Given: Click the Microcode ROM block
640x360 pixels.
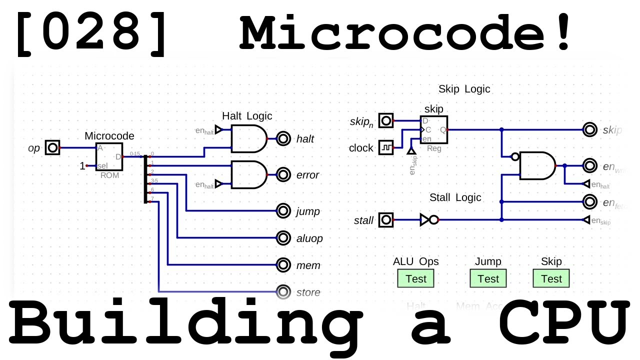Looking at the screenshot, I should click(x=109, y=156).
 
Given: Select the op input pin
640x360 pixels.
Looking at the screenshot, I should click(x=52, y=148).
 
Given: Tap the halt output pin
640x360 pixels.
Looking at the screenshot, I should click(x=283, y=138).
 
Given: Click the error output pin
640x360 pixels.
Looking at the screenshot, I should click(x=283, y=174).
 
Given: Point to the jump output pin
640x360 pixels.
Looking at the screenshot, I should click(x=283, y=211).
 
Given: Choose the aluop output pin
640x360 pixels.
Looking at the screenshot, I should click(x=283, y=238).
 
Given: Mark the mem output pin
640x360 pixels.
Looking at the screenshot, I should click(x=283, y=265).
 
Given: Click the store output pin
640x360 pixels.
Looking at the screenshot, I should click(x=283, y=291).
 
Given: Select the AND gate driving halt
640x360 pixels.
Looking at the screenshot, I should click(x=248, y=138).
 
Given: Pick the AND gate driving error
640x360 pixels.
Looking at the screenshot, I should click(x=248, y=174).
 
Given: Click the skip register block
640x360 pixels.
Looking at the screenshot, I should click(x=434, y=129).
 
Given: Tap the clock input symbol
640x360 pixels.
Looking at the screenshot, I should click(x=386, y=148).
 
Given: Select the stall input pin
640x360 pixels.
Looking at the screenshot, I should click(x=386, y=219).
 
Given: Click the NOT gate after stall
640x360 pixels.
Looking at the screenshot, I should click(x=429, y=219).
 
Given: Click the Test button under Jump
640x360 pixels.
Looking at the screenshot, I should click(x=488, y=278).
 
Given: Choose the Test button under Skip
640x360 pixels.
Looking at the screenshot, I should click(x=551, y=278).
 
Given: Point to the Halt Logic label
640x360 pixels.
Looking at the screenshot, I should click(x=247, y=116).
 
